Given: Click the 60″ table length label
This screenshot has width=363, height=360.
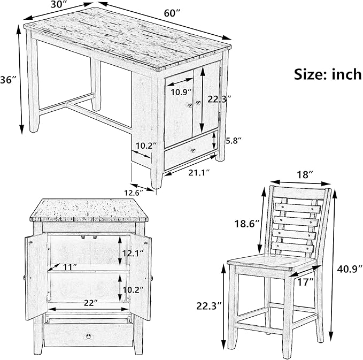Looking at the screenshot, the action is [172, 13].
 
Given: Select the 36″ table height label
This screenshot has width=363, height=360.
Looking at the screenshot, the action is [9, 80].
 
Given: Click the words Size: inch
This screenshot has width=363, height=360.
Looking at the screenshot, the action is [328, 74].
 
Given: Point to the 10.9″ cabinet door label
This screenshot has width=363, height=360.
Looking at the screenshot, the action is [181, 92].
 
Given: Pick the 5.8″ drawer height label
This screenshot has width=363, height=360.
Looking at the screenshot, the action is [233, 141].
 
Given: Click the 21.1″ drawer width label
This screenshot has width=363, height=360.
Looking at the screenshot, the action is [199, 172].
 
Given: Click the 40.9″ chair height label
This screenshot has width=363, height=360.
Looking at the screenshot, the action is [349, 269].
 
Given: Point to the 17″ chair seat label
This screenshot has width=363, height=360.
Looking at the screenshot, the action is [305, 282].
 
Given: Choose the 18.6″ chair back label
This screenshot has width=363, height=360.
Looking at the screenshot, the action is [247, 224].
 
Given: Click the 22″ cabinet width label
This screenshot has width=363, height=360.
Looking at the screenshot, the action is [90, 303].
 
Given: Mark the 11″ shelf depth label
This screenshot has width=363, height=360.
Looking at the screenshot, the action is [70, 267].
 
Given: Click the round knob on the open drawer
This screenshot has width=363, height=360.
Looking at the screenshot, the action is [88, 336].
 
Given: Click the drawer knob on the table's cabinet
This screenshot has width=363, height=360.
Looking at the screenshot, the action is [193, 151].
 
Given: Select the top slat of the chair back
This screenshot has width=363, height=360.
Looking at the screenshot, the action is [298, 208].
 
